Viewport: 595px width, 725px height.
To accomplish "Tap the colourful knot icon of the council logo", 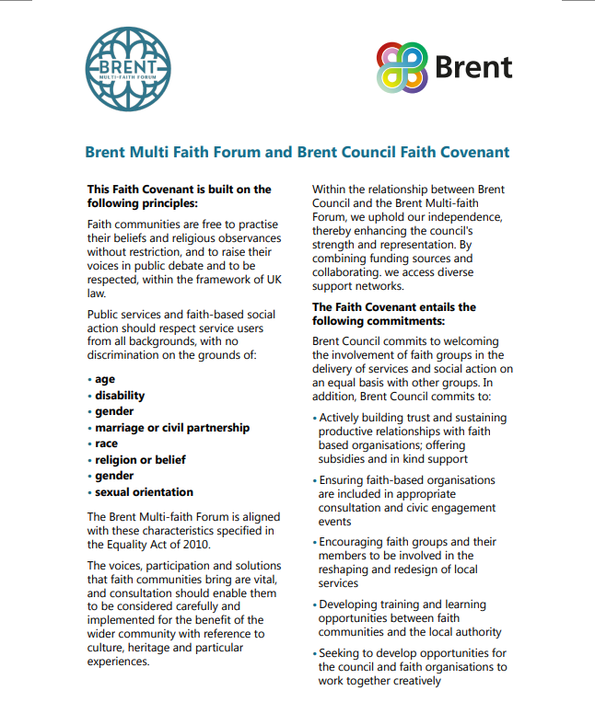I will [402, 68].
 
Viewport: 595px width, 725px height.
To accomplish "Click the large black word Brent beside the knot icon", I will [472, 68].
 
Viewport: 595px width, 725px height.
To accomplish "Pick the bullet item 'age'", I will [105, 379].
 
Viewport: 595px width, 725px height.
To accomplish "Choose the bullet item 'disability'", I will [120, 396].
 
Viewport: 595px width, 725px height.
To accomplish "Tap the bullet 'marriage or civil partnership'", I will [171, 428].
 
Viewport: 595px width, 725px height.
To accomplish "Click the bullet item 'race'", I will [106, 443].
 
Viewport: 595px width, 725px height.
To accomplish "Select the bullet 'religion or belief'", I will [140, 460].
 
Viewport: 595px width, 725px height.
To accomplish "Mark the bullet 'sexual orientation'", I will [144, 492].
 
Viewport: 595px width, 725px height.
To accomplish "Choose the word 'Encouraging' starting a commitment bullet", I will [356, 542].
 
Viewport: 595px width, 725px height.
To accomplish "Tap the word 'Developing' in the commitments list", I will [353, 604].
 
